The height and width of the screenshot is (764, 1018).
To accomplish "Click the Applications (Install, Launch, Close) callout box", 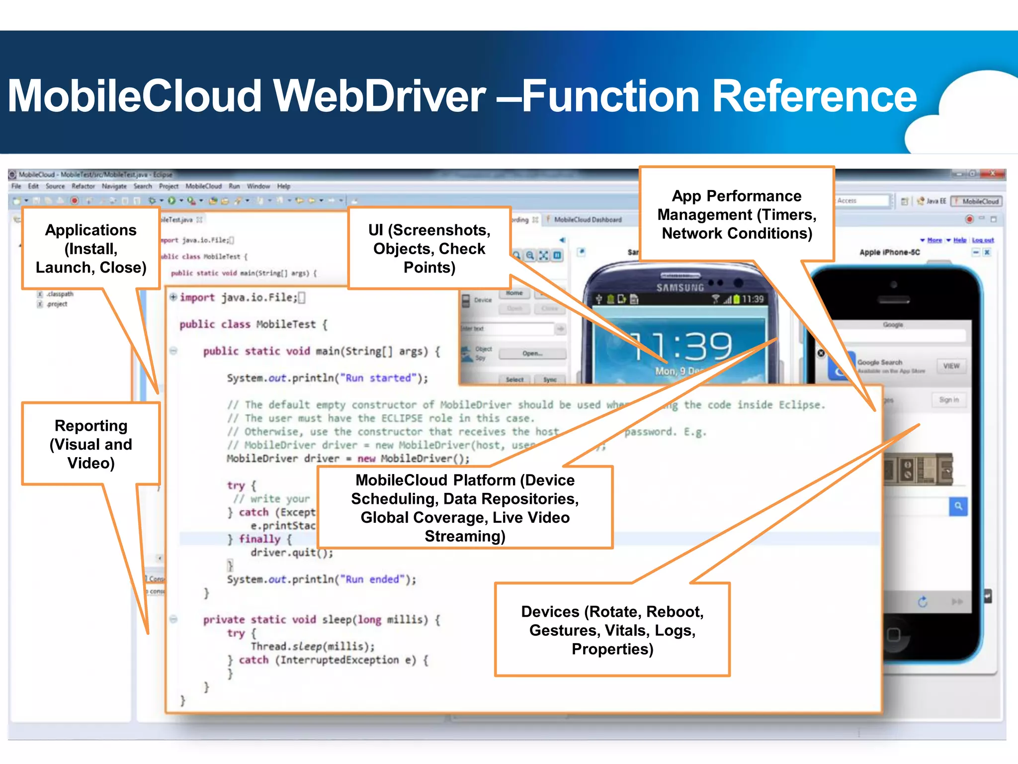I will pyautogui.click(x=91, y=249).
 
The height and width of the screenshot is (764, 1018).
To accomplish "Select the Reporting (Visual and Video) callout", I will pyautogui.click(x=91, y=444).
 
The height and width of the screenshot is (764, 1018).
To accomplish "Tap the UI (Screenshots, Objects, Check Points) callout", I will pyautogui.click(x=429, y=249).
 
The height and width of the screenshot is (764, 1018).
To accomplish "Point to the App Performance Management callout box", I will pyautogui.click(x=736, y=215).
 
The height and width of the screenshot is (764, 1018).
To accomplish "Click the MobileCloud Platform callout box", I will pyautogui.click(x=465, y=508).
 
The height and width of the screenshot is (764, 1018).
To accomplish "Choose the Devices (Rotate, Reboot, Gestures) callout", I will pyautogui.click(x=612, y=630).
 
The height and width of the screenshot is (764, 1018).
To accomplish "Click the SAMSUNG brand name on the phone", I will pyautogui.click(x=680, y=287).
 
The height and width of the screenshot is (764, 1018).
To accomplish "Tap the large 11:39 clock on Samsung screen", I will pyautogui.click(x=682, y=346).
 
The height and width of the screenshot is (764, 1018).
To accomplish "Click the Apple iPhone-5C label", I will pyautogui.click(x=889, y=252).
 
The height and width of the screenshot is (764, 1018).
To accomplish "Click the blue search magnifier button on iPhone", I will pyautogui.click(x=958, y=506).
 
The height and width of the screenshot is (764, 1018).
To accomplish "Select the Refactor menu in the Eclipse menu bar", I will pyautogui.click(x=83, y=186).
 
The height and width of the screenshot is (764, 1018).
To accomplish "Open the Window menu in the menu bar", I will pyautogui.click(x=258, y=186).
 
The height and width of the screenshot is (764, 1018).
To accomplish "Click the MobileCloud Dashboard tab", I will pyautogui.click(x=587, y=219).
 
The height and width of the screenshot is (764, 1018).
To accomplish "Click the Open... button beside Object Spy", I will pyautogui.click(x=532, y=354).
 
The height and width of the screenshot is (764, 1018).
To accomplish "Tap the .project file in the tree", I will pyautogui.click(x=57, y=304).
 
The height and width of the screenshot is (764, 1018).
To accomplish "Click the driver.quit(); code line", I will pyautogui.click(x=291, y=553).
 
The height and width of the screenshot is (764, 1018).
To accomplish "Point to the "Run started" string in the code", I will pyautogui.click(x=379, y=378).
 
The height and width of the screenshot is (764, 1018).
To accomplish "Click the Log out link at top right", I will pyautogui.click(x=982, y=240).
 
